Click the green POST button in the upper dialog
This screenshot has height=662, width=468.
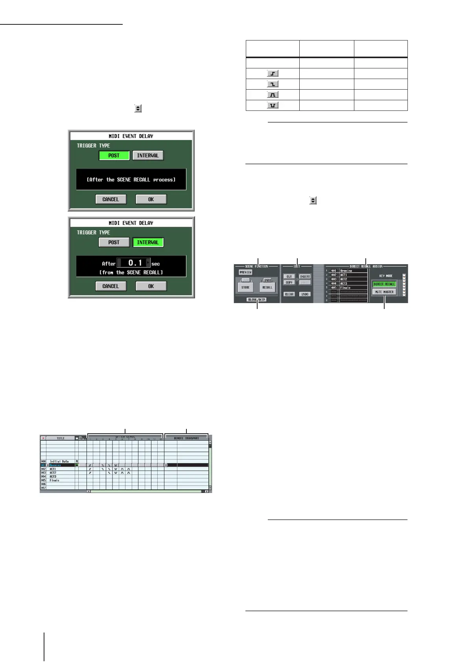point(114,156)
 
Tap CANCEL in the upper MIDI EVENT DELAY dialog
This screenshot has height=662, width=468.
point(111,199)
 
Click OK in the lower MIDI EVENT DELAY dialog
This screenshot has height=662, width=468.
point(151,286)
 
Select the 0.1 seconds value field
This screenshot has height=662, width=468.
point(133,263)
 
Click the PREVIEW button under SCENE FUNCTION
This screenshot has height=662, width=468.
point(245,272)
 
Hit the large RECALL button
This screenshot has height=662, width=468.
point(267,287)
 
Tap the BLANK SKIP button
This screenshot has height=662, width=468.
point(257,300)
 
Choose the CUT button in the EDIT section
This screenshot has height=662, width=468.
point(289,277)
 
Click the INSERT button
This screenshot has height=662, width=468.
point(305,277)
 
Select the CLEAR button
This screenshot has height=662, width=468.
point(289,294)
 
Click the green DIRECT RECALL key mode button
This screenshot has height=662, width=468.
point(384,284)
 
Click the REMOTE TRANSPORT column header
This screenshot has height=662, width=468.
point(186,438)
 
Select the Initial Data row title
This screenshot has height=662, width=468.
point(59,462)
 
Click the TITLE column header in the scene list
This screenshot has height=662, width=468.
point(61,438)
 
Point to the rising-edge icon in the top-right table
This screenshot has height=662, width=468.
point(273,74)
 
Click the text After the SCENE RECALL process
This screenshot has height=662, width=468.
point(131,180)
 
